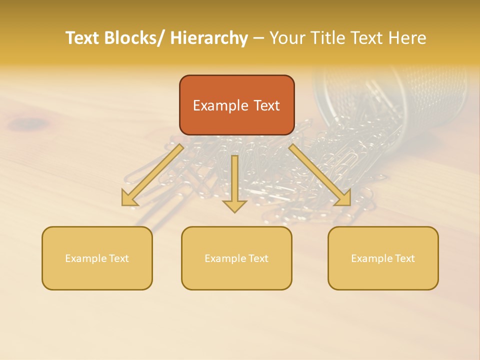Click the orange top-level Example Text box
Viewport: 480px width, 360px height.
236,105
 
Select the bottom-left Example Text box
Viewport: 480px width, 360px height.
97,258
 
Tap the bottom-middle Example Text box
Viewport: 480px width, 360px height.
236,258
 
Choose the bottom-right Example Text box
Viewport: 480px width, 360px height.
383,258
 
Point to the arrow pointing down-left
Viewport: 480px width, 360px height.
152,175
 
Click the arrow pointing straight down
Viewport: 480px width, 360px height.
234,183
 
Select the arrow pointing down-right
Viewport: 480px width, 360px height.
320,175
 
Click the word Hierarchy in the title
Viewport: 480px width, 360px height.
209,38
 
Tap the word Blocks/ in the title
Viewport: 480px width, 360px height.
134,38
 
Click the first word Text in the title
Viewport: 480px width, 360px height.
82,38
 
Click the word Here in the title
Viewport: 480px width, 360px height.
408,38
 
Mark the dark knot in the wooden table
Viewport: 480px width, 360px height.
30,122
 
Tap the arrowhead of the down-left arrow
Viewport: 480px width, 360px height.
129,198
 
